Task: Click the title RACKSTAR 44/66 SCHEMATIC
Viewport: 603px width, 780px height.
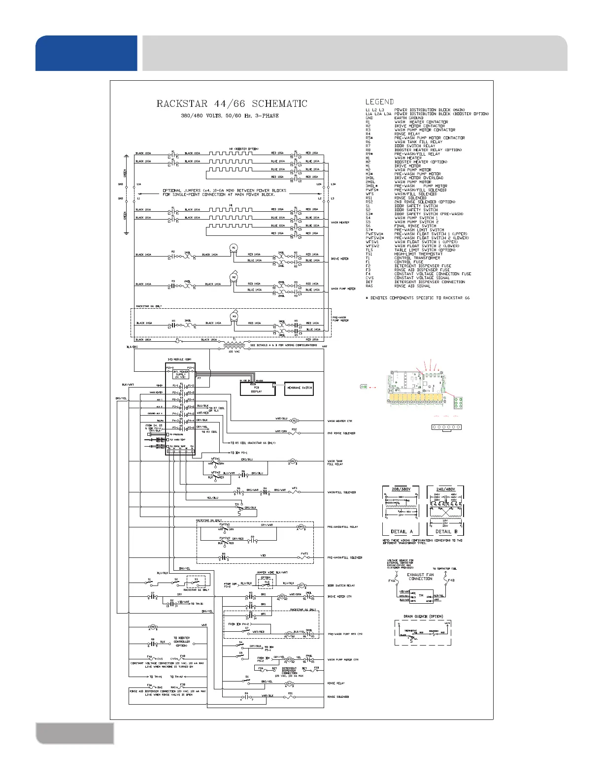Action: point(232,104)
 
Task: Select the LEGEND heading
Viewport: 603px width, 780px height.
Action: point(379,102)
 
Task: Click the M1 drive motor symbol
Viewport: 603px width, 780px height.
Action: point(234,247)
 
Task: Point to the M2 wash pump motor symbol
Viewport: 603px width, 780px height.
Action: point(234,278)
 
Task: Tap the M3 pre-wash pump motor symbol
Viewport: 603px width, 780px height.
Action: point(234,316)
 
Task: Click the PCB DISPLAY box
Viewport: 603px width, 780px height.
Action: point(257,390)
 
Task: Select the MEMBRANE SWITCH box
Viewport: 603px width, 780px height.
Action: point(299,388)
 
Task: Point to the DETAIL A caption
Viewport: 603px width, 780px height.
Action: point(399,532)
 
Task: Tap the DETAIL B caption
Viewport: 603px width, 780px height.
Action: point(443,532)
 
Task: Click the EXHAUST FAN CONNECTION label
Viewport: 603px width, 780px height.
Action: point(420,577)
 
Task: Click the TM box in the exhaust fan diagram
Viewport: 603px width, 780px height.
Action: point(421,596)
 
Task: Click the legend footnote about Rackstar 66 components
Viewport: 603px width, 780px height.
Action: point(417,298)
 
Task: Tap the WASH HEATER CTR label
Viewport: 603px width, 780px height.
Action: point(339,422)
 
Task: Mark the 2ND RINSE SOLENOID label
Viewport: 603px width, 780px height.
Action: point(341,433)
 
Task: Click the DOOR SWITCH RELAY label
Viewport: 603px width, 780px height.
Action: point(341,585)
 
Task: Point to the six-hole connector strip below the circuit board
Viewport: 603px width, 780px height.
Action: point(446,427)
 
